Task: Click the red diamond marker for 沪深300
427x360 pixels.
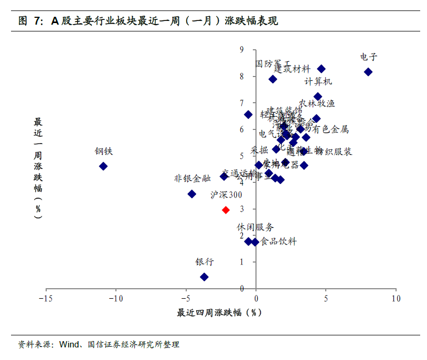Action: coord(226,210)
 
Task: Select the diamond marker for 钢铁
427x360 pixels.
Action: coord(103,166)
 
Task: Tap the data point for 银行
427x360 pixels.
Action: coord(205,277)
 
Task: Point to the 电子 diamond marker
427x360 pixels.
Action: coord(368,72)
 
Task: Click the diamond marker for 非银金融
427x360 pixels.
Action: coord(192,194)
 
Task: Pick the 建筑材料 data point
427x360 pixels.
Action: coord(322,69)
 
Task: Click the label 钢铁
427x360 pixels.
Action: coord(104,151)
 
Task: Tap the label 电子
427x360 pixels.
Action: coord(369,57)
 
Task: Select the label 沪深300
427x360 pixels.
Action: coord(226,195)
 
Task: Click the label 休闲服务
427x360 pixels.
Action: coord(255,227)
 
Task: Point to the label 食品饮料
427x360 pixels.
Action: coord(279,242)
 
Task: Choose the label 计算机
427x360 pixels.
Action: coord(318,82)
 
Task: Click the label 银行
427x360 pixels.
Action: coord(205,262)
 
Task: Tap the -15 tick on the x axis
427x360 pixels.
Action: coord(46,299)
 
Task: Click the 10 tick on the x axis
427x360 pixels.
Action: coord(396,299)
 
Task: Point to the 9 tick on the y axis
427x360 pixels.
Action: coord(242,50)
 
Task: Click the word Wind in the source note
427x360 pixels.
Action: coord(69,345)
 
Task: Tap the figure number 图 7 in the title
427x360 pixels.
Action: coord(30,21)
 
